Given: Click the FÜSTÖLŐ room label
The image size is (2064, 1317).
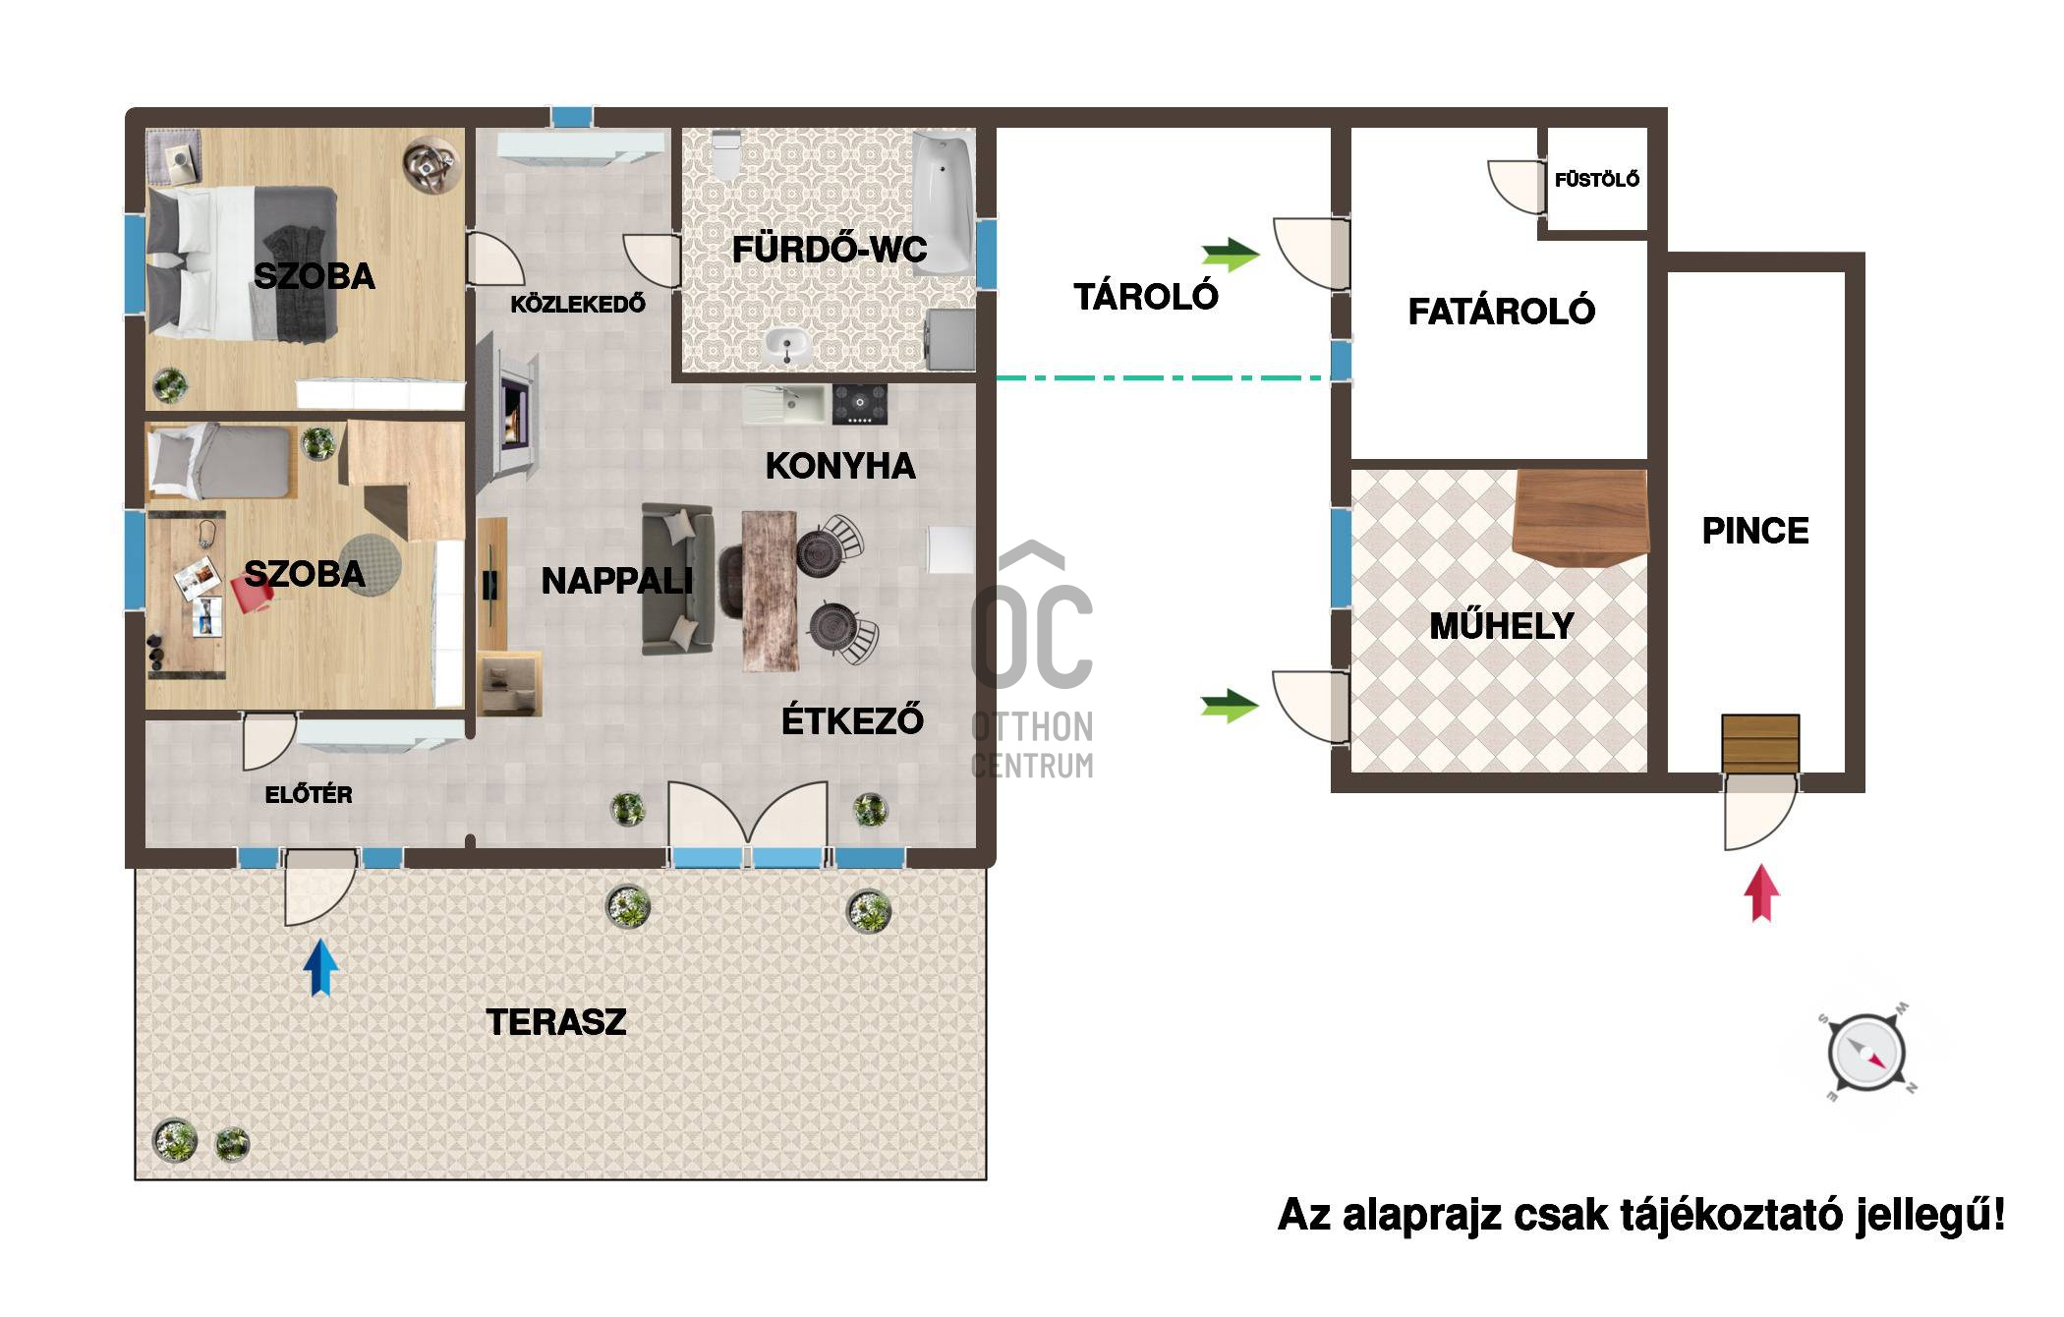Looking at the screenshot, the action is [x=1596, y=179].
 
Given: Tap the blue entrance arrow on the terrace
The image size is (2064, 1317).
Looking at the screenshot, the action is [x=320, y=967].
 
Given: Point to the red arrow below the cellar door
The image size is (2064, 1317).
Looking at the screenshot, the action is [x=1761, y=892].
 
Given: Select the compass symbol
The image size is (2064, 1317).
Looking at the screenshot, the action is [x=1865, y=1054].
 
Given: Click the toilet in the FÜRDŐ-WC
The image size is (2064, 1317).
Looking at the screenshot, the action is [x=726, y=154].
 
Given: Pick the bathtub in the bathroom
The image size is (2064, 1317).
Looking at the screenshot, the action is [x=944, y=202].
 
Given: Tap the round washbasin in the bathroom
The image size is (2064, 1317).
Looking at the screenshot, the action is [x=786, y=346].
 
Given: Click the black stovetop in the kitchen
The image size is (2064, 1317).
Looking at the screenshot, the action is [x=860, y=404].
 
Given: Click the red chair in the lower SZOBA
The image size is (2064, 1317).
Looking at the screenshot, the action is [x=251, y=594].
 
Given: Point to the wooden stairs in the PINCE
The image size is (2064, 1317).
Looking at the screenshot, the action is [x=1760, y=744].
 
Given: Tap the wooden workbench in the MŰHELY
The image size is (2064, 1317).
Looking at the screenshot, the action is [x=1579, y=518].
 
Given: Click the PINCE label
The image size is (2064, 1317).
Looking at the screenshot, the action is [x=1755, y=531].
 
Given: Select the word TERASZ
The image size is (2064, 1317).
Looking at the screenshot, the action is [x=556, y=1022].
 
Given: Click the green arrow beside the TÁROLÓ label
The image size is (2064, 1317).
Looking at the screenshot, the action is [x=1231, y=255].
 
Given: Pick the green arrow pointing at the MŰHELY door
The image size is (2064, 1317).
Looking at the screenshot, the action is [x=1230, y=706].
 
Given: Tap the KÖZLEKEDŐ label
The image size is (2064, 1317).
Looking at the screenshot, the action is [x=578, y=304].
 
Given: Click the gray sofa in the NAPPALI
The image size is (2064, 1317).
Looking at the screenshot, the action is [x=677, y=578].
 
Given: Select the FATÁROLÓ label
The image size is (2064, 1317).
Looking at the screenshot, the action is [x=1502, y=312].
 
